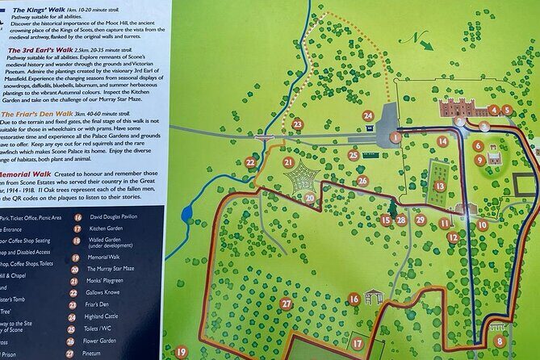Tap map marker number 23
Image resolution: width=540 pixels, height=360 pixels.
[297, 123]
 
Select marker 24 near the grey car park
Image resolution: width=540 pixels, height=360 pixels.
[368, 115]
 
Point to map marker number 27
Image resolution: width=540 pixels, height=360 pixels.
[286, 303]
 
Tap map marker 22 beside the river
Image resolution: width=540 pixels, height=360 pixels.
[250, 162]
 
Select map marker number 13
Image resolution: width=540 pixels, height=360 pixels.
[439, 186]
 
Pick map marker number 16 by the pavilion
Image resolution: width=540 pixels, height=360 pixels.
[354, 299]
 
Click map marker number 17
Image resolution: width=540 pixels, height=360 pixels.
[358, 343]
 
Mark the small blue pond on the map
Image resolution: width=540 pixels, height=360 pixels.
[187, 213]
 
